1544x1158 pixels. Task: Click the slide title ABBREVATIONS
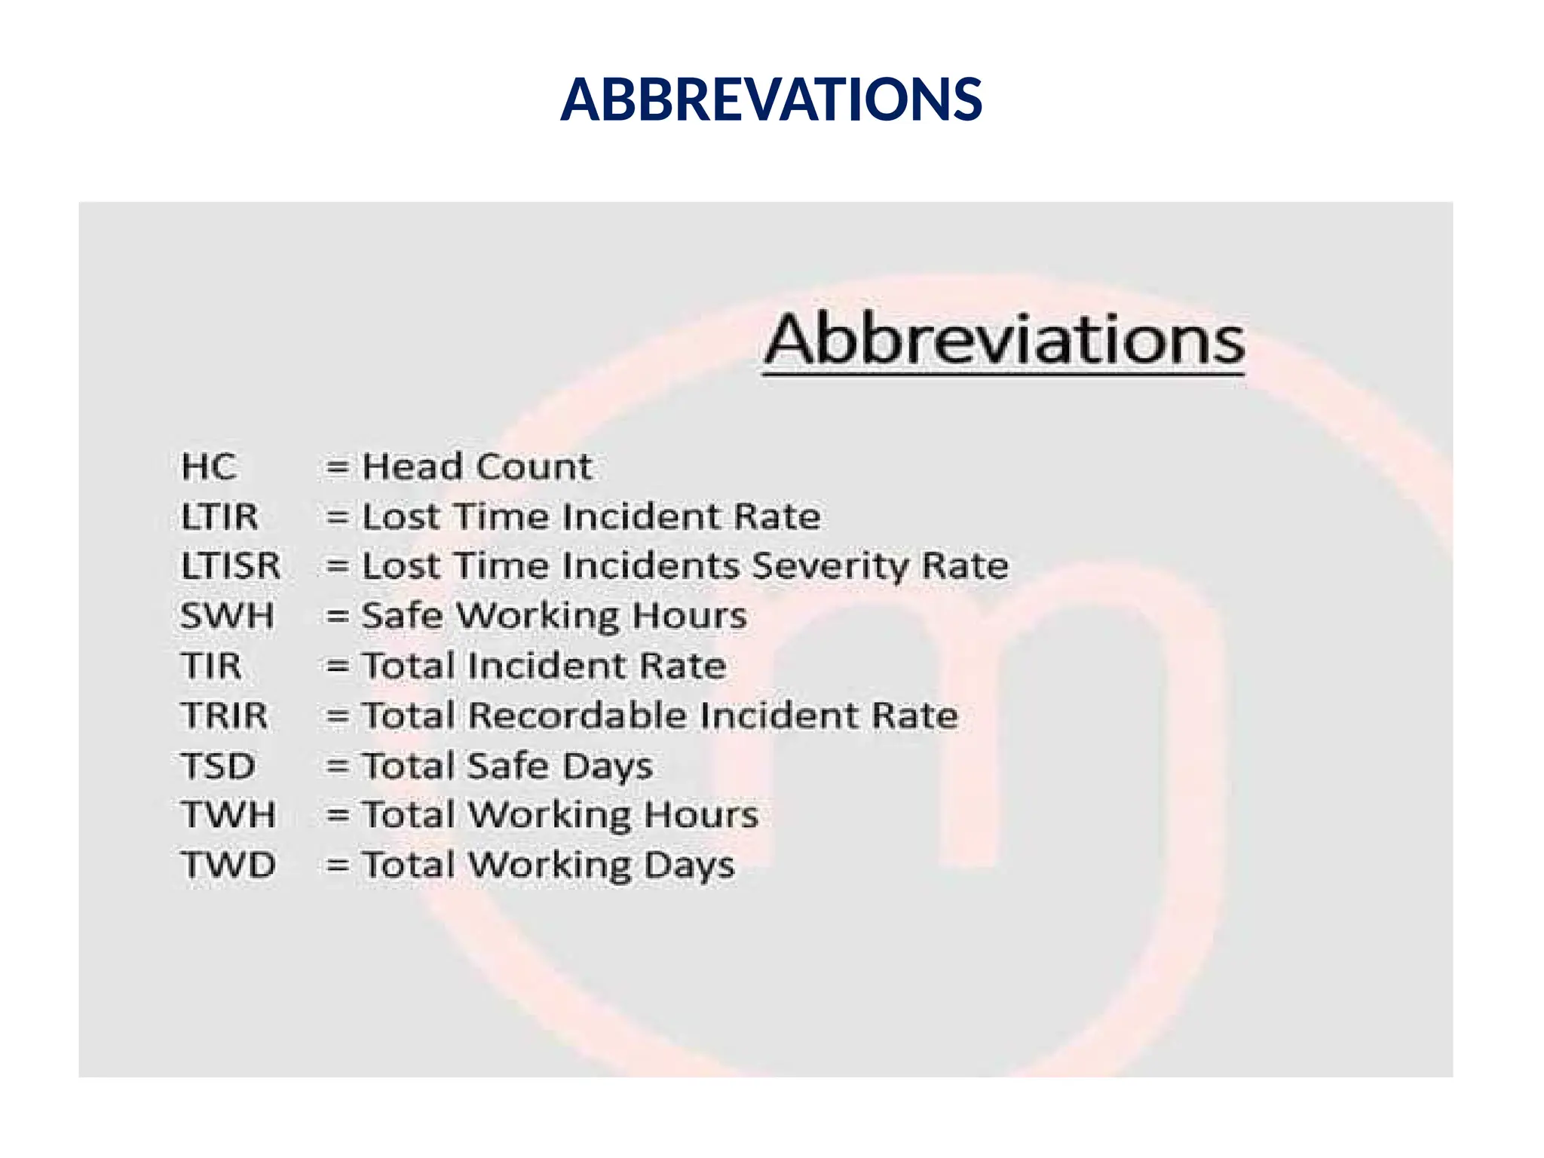(x=771, y=100)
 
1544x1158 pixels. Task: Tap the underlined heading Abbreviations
(x=1004, y=341)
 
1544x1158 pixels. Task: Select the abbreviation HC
(x=209, y=467)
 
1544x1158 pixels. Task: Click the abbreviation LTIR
(x=219, y=517)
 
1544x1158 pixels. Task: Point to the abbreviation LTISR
(x=231, y=566)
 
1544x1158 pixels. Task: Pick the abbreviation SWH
(x=227, y=616)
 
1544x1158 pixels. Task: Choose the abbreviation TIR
(x=211, y=666)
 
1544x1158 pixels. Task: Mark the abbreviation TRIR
(x=224, y=715)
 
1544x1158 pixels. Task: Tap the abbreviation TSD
(x=218, y=766)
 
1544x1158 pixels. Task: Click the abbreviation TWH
(x=228, y=815)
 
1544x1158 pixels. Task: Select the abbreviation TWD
(x=228, y=865)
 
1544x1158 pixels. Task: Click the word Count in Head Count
(x=535, y=467)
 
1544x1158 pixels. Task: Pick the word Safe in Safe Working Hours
(x=402, y=616)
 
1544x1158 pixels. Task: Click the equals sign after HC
(x=337, y=467)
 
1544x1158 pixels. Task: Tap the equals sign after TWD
(x=337, y=865)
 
